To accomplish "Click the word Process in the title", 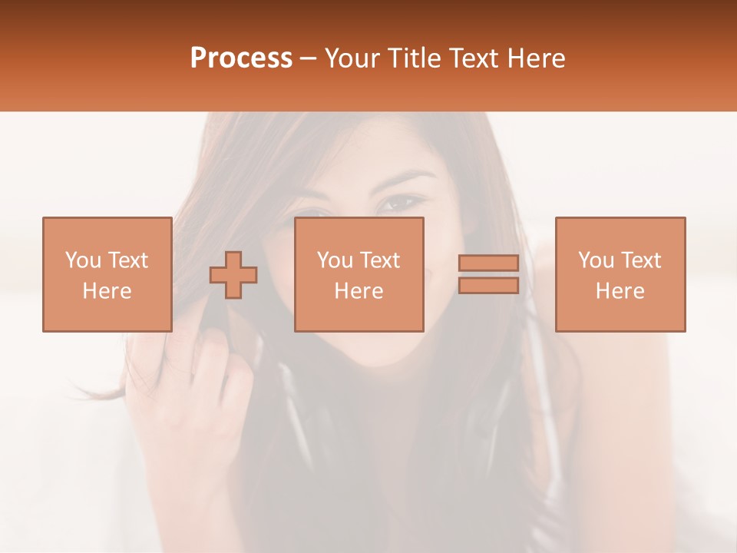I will [x=241, y=58].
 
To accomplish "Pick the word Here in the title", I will [x=537, y=58].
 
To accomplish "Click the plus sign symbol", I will [x=233, y=275].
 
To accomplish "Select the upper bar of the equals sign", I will [x=488, y=263].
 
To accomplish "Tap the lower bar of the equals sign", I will [x=488, y=286].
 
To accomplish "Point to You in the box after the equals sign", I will [x=597, y=260].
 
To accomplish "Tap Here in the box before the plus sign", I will [x=107, y=290].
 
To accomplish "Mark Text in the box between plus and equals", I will [x=380, y=260].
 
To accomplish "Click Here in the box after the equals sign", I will [x=620, y=290].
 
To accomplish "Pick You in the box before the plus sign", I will [x=83, y=260].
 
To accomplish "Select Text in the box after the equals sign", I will [x=641, y=260].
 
